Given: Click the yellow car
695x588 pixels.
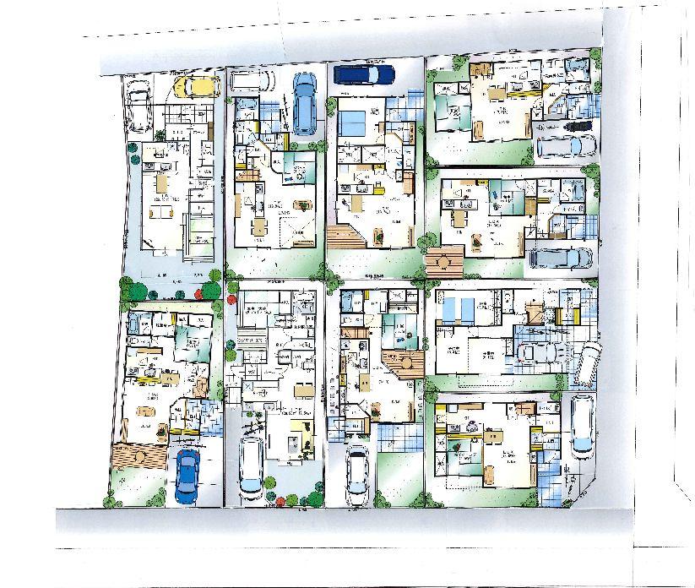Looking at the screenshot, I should pos(193,85).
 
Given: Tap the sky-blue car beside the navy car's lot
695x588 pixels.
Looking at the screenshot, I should pos(304,106).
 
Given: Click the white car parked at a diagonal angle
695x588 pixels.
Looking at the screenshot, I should pos(587,358).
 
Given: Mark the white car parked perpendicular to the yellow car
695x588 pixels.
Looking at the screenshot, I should pos(138,106).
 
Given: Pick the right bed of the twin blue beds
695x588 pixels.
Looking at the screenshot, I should pos(469,308).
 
